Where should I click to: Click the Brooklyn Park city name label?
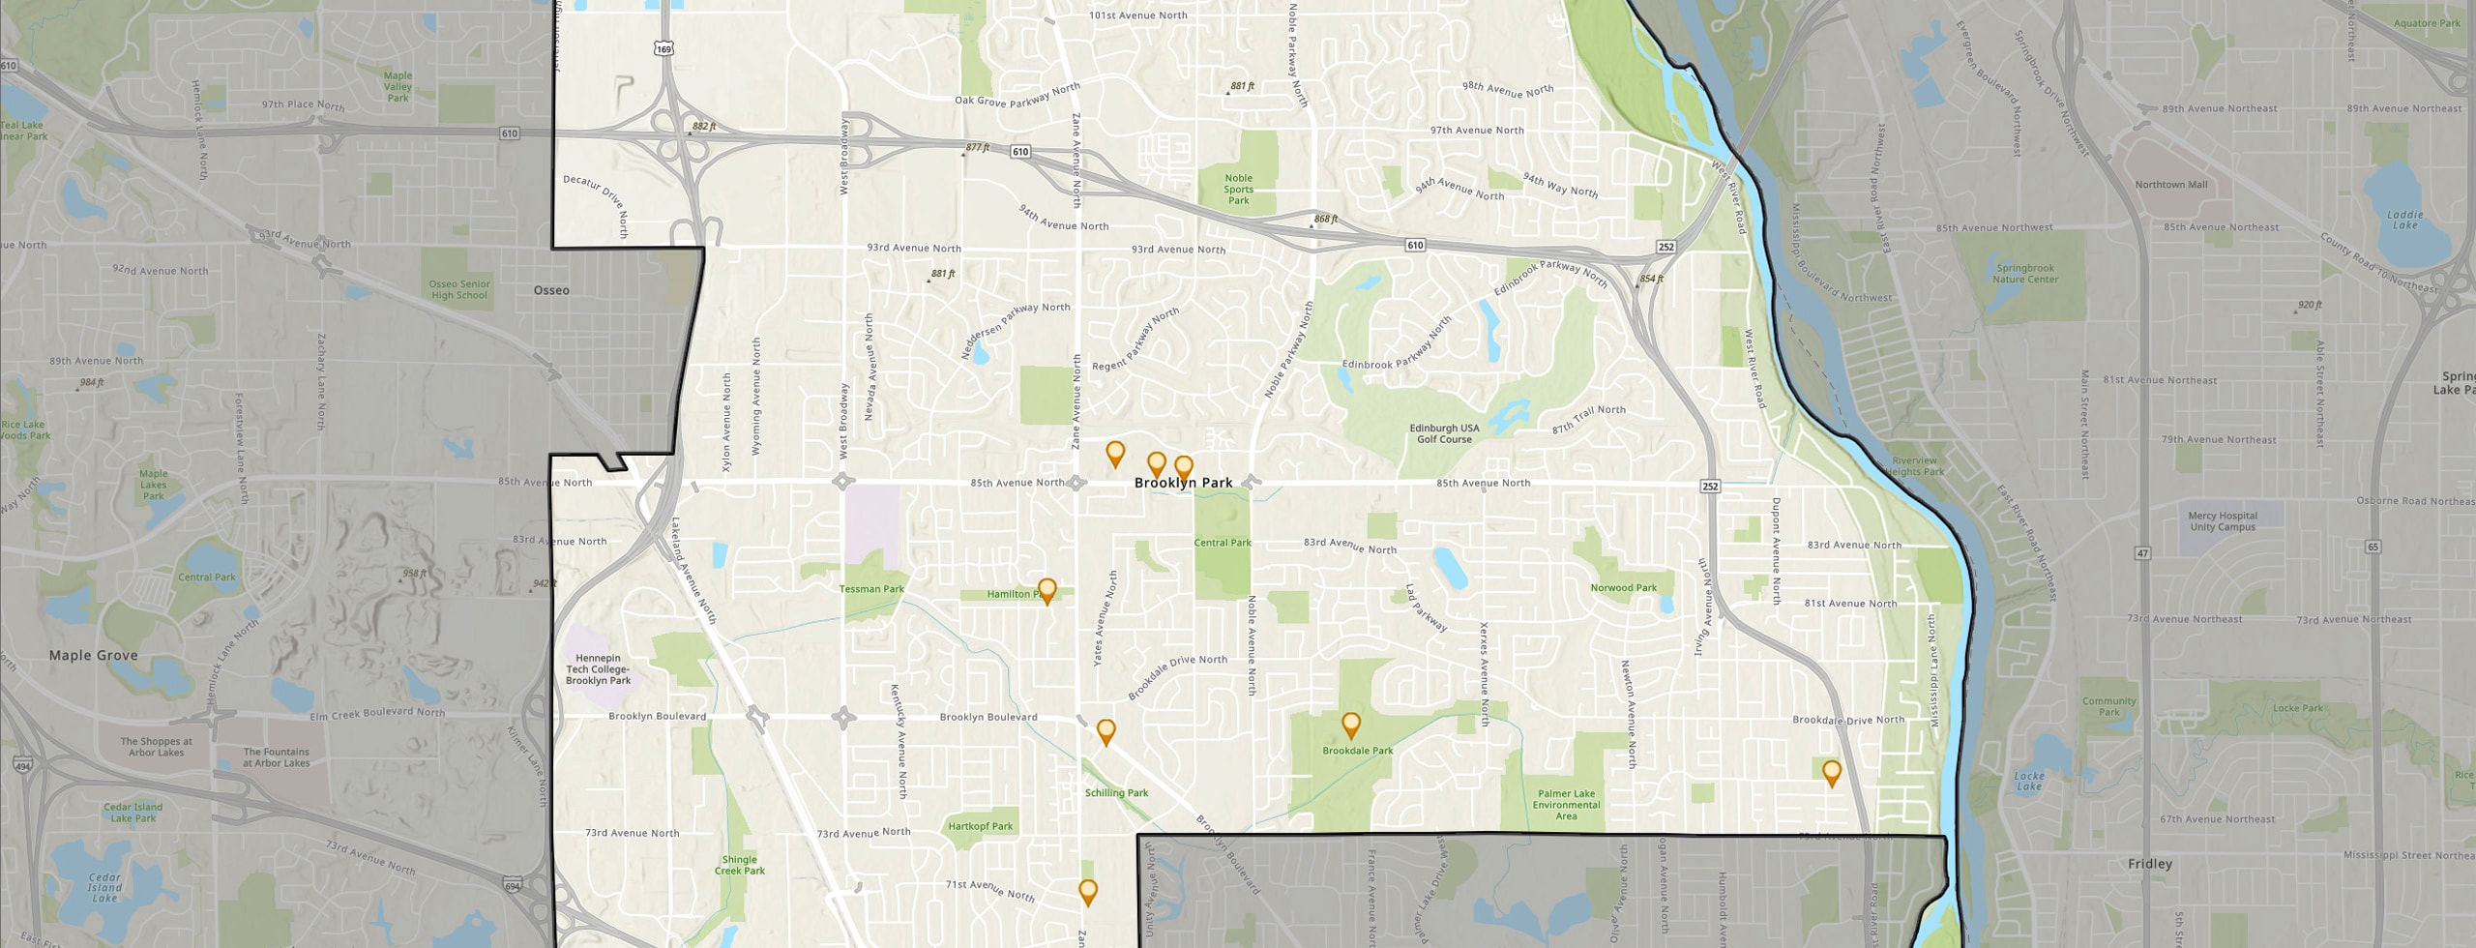[1183, 483]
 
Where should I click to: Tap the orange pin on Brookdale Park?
[1351, 725]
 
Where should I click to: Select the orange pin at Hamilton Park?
[1046, 589]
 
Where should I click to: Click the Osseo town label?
[551, 290]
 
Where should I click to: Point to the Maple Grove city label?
[94, 655]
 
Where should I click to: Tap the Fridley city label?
[2150, 864]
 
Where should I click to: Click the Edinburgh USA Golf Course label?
[1444, 433]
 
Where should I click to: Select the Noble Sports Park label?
[1238, 189]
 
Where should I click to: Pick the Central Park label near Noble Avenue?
[1223, 543]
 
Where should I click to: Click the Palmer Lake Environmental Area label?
[1566, 805]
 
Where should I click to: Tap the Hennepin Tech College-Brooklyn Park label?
[598, 669]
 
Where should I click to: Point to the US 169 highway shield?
[663, 48]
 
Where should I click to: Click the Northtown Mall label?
[2171, 185]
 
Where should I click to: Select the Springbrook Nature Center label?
[2025, 274]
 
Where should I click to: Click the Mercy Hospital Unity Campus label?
[2223, 521]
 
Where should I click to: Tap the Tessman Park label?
[871, 589]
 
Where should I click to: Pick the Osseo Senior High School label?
[459, 289]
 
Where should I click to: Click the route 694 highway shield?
[513, 885]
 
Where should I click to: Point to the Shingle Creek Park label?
[740, 865]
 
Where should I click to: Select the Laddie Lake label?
[2404, 220]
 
